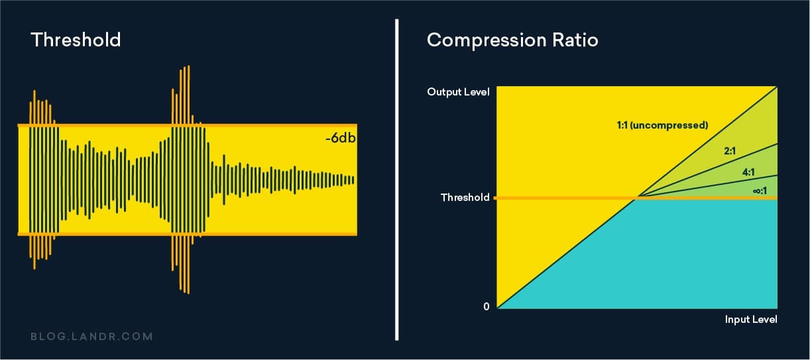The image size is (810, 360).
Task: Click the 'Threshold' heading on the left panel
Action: pos(76,40)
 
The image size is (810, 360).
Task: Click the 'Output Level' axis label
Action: pos(459,92)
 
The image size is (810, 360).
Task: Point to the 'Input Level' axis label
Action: pos(750,320)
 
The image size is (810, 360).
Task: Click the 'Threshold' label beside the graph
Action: pos(465,198)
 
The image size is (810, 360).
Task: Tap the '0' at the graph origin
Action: pos(487,306)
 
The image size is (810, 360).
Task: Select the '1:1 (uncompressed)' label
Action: pos(662,125)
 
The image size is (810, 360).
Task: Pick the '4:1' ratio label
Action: pos(749,172)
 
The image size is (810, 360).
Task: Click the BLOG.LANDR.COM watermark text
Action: pos(91,336)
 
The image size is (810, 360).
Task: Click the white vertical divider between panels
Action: pos(396,179)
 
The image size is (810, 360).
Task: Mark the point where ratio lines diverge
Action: pos(638,198)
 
